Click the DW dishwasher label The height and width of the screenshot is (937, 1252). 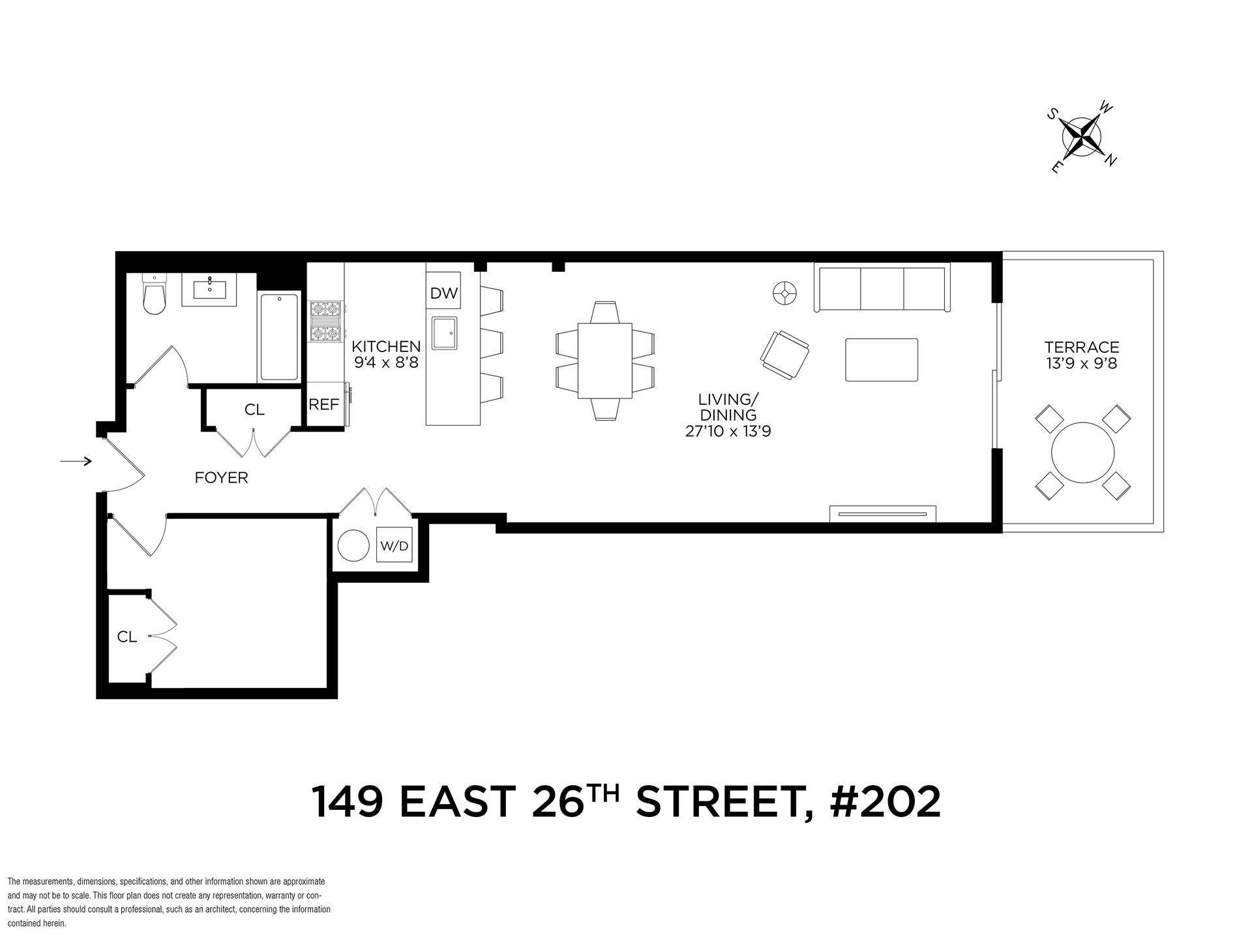[444, 293]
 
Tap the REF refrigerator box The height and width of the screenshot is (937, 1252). [324, 405]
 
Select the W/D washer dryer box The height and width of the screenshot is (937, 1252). [395, 545]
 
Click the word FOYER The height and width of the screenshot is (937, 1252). [222, 478]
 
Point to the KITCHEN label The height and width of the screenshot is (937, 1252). [386, 346]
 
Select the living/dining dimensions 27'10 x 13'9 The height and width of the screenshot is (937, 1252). [728, 431]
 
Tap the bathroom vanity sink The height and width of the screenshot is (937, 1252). [210, 289]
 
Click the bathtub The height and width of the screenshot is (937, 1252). [279, 337]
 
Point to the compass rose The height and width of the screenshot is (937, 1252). [1082, 138]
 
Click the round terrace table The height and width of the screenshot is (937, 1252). [1082, 453]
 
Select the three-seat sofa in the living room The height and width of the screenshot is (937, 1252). [882, 288]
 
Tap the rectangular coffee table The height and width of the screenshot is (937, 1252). [882, 359]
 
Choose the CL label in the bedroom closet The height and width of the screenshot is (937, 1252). [127, 637]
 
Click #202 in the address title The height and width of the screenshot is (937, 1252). [885, 802]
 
